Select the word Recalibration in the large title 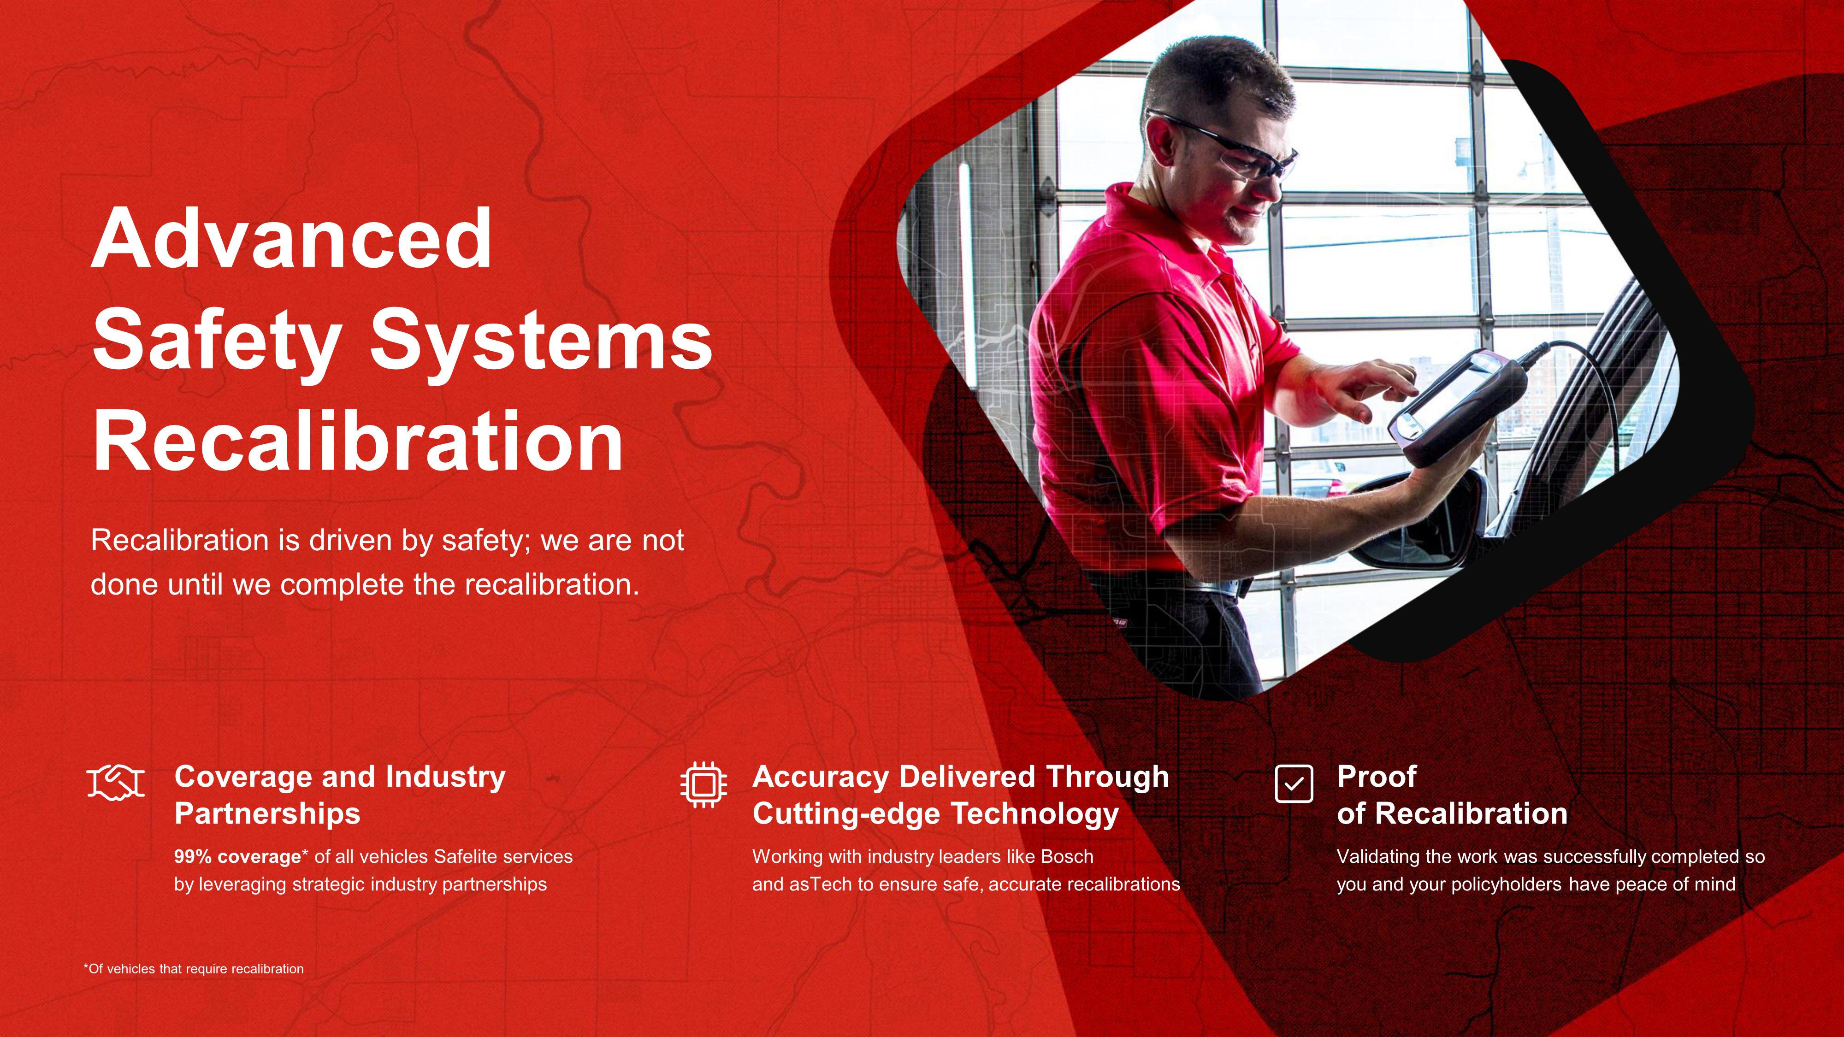pos(357,440)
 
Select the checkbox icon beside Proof pos(1294,784)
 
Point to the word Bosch pos(1067,857)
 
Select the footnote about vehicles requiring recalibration pos(194,969)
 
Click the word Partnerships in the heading pos(268,814)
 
